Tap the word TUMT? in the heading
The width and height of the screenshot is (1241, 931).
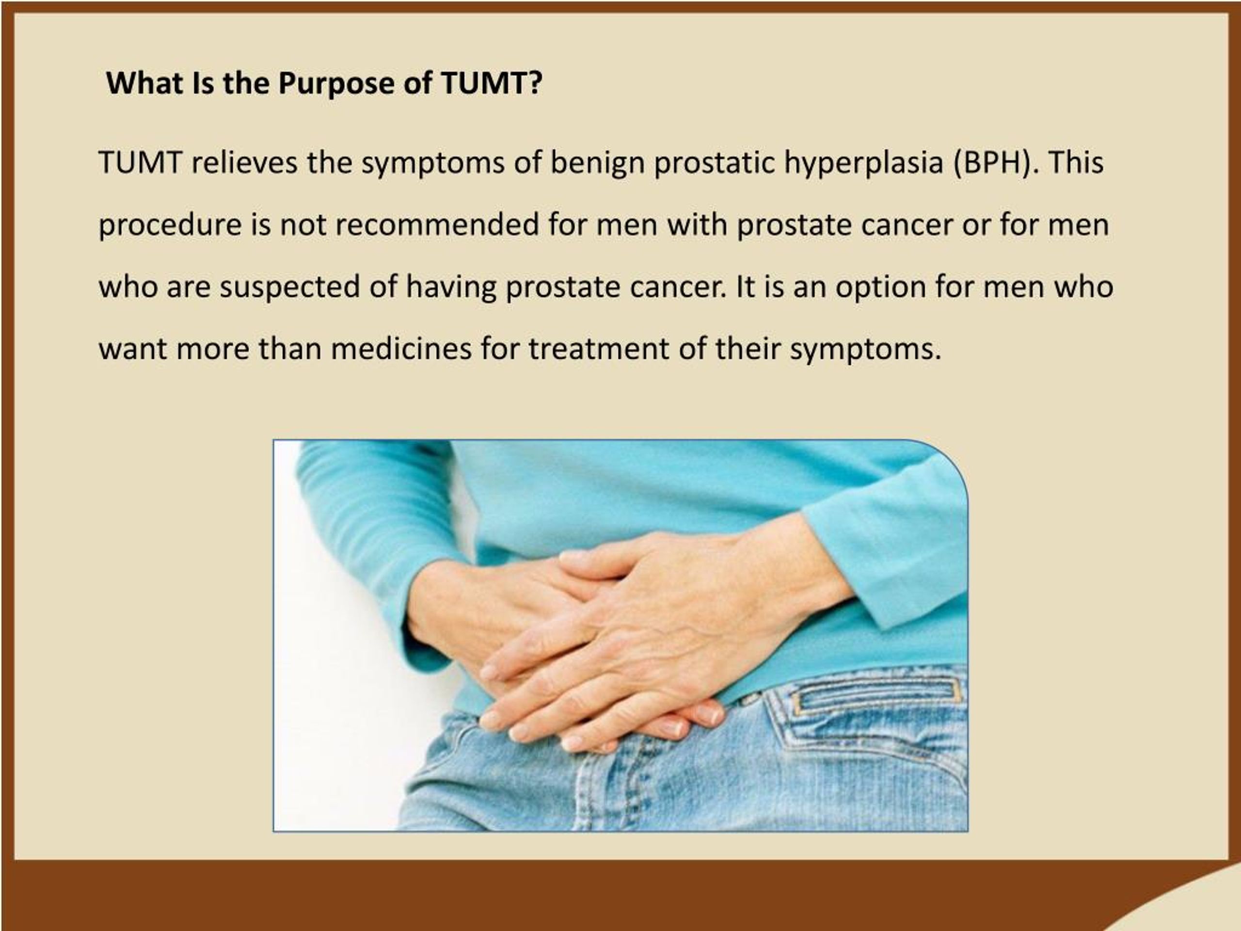click(492, 83)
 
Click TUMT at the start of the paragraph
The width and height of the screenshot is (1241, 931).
click(140, 163)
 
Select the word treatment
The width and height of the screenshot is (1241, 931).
click(599, 350)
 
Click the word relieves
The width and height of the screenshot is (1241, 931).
click(244, 163)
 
